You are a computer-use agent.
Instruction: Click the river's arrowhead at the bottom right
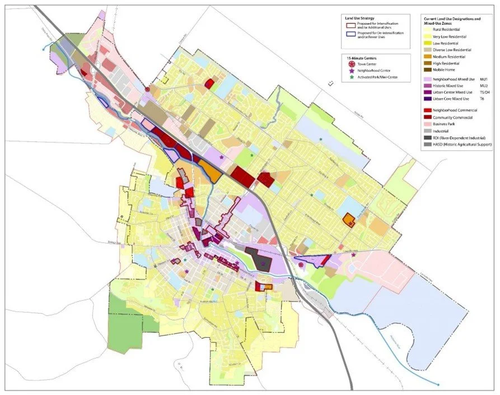438,384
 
